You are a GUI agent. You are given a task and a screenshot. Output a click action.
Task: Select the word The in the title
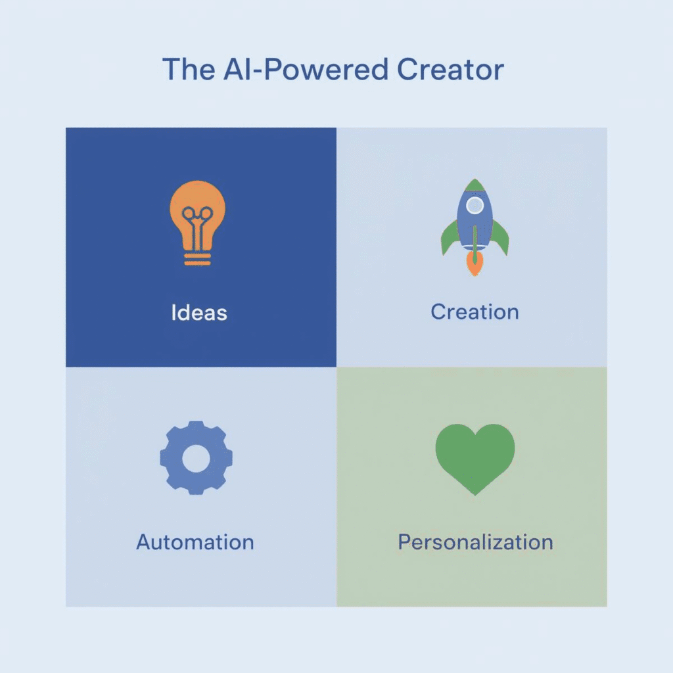pos(185,70)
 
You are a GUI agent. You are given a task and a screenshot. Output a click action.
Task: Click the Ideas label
pos(199,312)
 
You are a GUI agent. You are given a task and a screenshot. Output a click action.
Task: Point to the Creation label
pos(475,312)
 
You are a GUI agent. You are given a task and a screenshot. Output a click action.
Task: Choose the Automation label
pos(195,542)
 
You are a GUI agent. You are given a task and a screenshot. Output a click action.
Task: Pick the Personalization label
pos(475,542)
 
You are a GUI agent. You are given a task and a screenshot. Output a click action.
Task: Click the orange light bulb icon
pos(197,220)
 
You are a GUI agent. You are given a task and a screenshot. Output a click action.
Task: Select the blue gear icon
pos(196,458)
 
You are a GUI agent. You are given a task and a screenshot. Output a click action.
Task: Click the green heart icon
pos(475,455)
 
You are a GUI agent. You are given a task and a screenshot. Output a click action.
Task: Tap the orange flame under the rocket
pos(474,264)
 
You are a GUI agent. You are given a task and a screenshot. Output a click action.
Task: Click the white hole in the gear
pos(196,458)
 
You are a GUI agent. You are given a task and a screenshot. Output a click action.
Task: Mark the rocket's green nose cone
pos(475,185)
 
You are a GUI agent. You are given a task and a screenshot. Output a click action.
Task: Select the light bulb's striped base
pos(197,258)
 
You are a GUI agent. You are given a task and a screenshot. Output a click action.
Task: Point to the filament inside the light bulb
pos(197,220)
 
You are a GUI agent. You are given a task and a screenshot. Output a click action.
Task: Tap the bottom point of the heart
pos(475,492)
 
